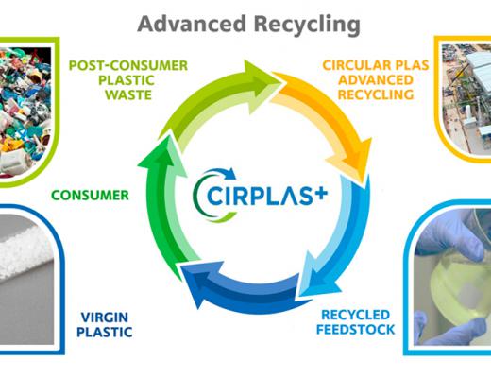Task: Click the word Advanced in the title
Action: point(192,25)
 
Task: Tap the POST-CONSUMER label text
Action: point(128,65)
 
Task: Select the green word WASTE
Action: point(128,94)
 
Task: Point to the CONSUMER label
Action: point(90,196)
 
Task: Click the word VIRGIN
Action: point(105,318)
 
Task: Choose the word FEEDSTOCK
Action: point(355,330)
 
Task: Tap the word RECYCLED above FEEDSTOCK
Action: point(355,315)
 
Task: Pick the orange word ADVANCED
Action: point(376,79)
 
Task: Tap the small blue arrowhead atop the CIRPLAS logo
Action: point(231,173)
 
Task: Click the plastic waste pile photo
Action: point(25,111)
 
